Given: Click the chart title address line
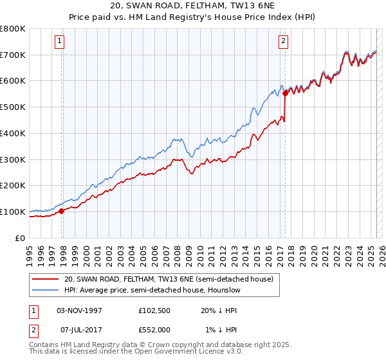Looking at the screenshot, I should (192, 6).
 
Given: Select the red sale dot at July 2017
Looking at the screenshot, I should (285, 93).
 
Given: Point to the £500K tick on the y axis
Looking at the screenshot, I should (14, 107).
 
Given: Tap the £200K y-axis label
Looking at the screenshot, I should (14, 185).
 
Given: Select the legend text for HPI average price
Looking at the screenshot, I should (152, 291).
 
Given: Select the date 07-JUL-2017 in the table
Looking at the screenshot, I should (79, 329).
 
